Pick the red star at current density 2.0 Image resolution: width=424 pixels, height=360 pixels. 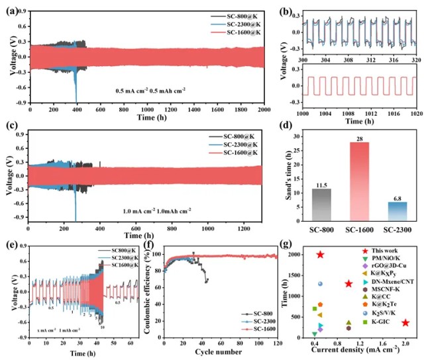tap(405, 322)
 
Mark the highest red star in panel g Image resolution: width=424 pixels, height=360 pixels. tap(320, 255)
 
